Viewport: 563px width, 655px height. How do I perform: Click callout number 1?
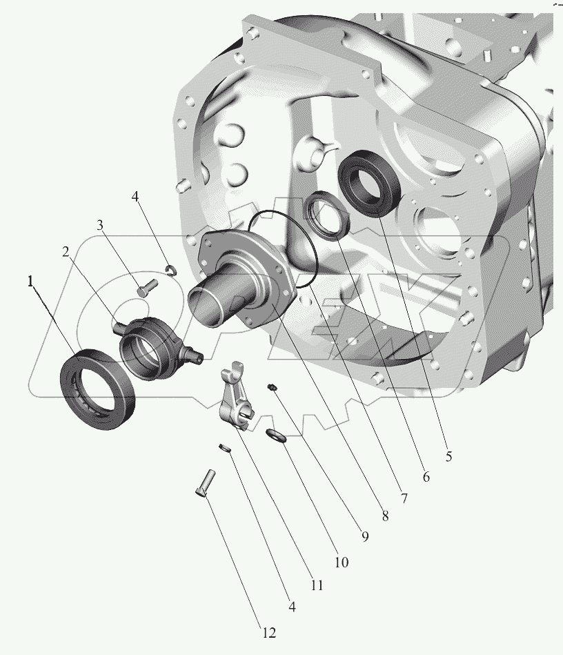coord(30,282)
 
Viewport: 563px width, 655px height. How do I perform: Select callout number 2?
coord(66,252)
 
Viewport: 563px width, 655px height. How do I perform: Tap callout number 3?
coord(100,226)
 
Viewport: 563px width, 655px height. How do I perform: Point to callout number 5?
coord(448,456)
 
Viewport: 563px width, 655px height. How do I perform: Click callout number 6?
coord(426,477)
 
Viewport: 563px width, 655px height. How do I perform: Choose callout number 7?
coord(404,498)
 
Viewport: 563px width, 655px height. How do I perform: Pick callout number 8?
coord(385,516)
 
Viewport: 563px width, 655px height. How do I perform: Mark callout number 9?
coord(365,537)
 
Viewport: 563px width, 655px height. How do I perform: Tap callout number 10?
coord(342,563)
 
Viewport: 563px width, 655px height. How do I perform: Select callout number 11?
coord(317,585)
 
